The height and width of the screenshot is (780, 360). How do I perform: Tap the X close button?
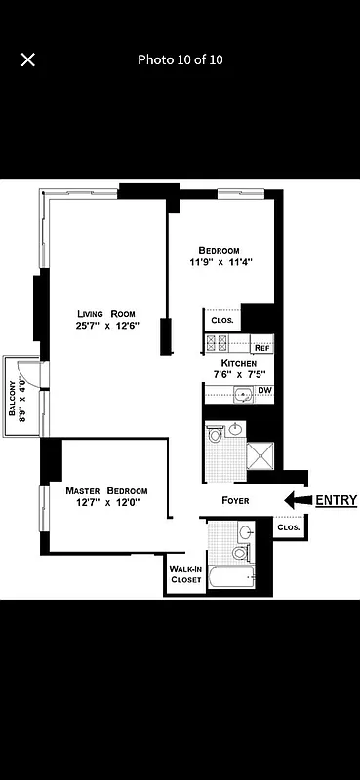pyautogui.click(x=28, y=59)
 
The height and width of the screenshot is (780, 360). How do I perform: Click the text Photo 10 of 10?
pyautogui.click(x=180, y=59)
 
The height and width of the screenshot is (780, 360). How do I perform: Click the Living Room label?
pyautogui.click(x=107, y=313)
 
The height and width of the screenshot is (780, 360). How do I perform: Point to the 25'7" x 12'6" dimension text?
pyautogui.click(x=107, y=326)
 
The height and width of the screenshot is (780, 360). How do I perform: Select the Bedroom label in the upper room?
pyautogui.click(x=219, y=250)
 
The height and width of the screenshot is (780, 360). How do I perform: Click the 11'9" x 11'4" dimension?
pyautogui.click(x=220, y=262)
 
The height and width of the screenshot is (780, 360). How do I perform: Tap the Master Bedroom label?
pyautogui.click(x=107, y=490)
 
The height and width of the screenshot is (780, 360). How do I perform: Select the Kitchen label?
pyautogui.click(x=238, y=362)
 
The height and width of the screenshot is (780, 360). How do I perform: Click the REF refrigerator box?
pyautogui.click(x=261, y=347)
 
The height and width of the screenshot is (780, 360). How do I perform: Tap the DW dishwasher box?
pyautogui.click(x=263, y=391)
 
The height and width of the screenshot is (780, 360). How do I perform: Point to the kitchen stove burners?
pyautogui.click(x=216, y=342)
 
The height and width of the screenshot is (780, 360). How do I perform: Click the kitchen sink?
pyautogui.click(x=243, y=395)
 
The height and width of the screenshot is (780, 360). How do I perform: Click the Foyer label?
pyautogui.click(x=235, y=501)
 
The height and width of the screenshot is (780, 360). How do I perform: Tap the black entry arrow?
pyautogui.click(x=297, y=500)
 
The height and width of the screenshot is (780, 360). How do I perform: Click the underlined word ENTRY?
pyautogui.click(x=336, y=500)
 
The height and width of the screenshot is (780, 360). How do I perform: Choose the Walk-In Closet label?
pyautogui.click(x=185, y=574)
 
